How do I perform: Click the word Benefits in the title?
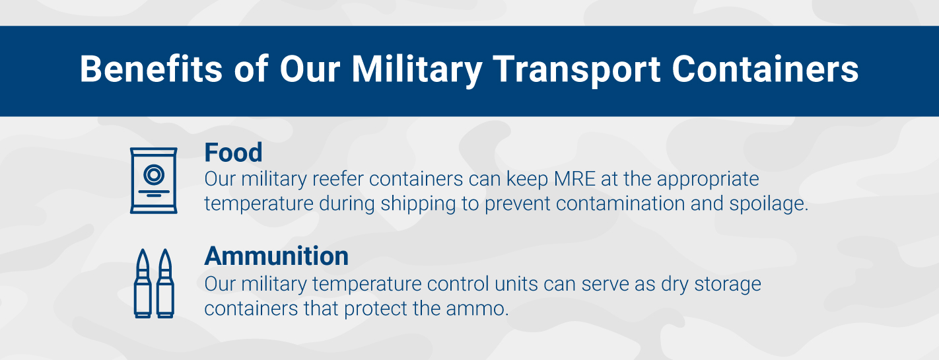[151, 69]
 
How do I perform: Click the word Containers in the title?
[765, 69]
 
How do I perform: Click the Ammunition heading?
[276, 256]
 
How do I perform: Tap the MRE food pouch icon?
[153, 180]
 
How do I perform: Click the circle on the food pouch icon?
[154, 174]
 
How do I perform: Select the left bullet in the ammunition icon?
[143, 283]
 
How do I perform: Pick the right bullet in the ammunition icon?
[165, 283]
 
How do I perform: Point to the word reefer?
[337, 179]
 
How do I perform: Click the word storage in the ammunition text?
[728, 285]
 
